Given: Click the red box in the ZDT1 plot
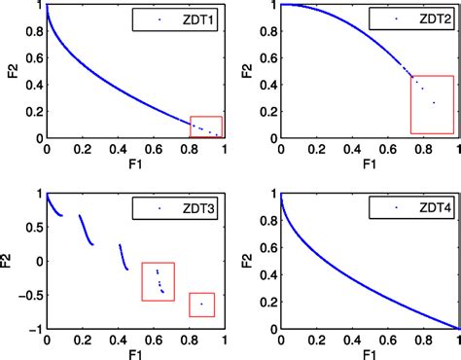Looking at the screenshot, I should (x=205, y=126).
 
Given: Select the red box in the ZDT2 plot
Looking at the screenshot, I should (x=432, y=104).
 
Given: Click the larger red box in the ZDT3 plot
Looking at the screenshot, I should (x=158, y=282).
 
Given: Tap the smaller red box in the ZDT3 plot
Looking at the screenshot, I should (x=202, y=305).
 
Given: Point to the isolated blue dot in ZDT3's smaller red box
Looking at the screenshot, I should (x=201, y=304).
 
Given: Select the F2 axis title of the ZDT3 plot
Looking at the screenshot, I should (x=9, y=261).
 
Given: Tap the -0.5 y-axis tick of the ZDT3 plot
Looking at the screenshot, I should (x=29, y=295).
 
